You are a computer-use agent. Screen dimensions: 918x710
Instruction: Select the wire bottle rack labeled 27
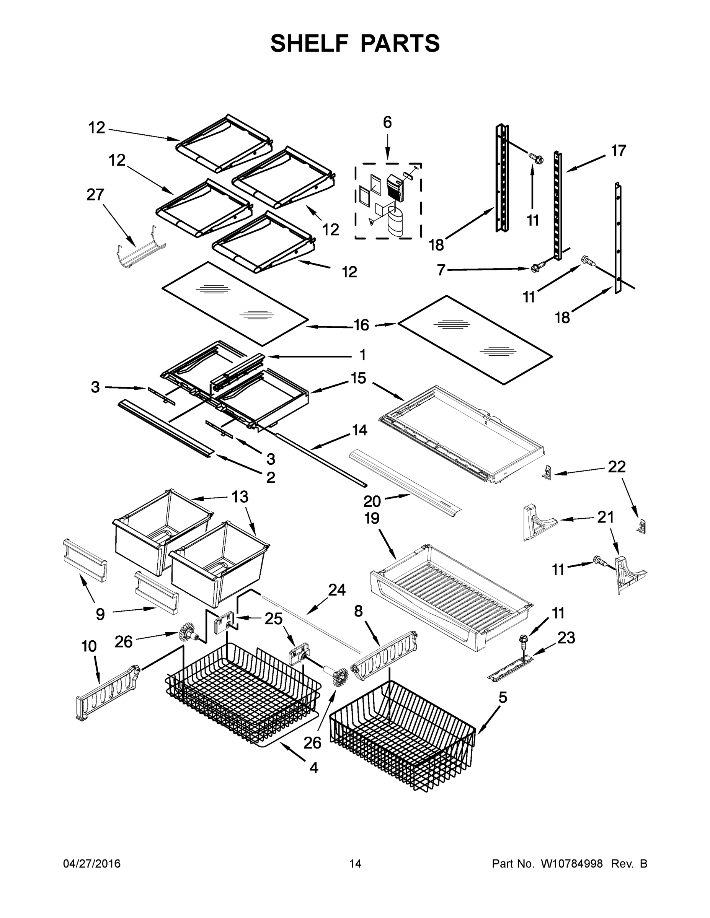(140, 249)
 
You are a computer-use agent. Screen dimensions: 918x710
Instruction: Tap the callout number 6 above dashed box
(387, 122)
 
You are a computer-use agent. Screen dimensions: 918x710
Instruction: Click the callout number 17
(618, 150)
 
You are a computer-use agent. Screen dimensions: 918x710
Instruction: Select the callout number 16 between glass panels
(361, 325)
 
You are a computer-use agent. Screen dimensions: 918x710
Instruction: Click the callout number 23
(566, 638)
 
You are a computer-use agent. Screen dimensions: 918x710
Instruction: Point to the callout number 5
(503, 697)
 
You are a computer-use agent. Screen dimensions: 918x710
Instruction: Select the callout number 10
(89, 646)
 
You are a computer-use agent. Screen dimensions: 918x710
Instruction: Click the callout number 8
(358, 611)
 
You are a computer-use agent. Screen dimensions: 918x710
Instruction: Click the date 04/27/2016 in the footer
(92, 864)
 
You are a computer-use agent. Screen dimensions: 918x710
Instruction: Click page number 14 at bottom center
(355, 864)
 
